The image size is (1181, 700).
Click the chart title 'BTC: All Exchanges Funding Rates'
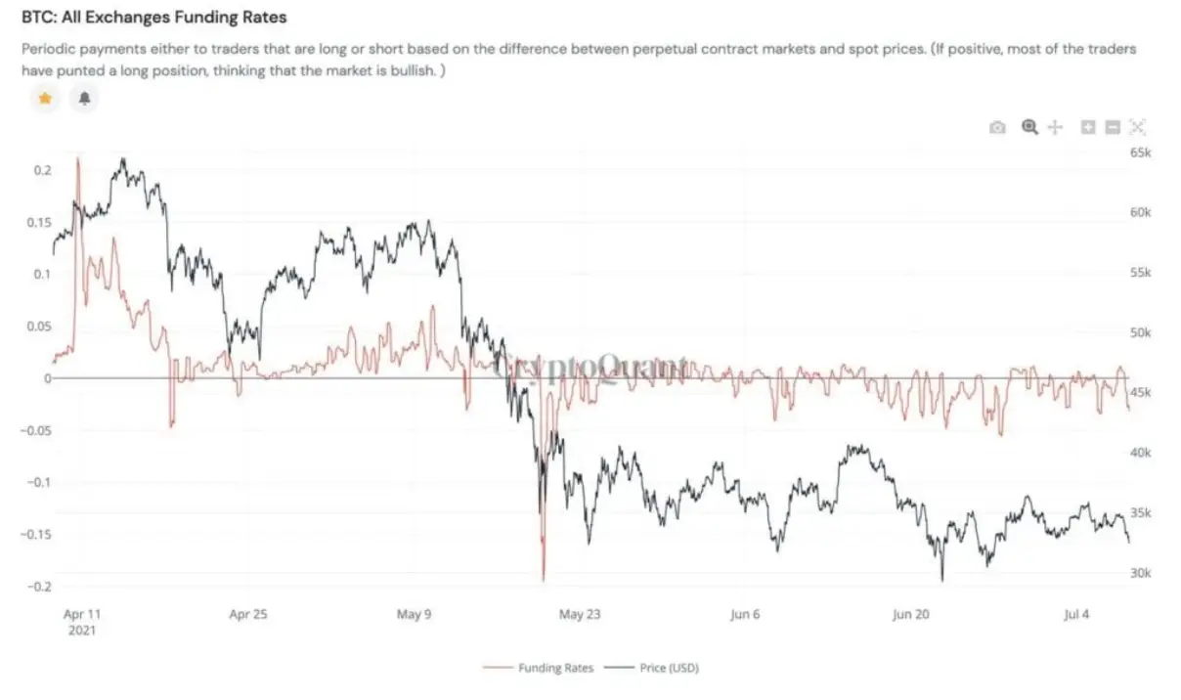154,18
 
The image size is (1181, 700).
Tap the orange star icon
44,98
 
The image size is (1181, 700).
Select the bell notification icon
84,98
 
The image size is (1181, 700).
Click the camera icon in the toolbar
997,127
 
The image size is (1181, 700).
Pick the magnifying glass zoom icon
1028,127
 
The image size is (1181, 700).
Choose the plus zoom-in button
1088,127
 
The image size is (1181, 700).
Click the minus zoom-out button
1113,127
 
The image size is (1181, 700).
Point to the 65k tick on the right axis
1141,153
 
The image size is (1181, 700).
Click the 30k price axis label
1141,573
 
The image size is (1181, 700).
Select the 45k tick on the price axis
1141,393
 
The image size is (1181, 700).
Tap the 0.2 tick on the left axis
42,170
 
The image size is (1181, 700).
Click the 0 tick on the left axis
47,378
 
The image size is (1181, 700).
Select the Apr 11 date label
81,614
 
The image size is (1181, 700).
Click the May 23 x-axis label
579,614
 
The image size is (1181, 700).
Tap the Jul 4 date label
1075,614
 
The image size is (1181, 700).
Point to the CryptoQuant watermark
590,367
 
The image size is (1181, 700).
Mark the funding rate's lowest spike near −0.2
544,580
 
